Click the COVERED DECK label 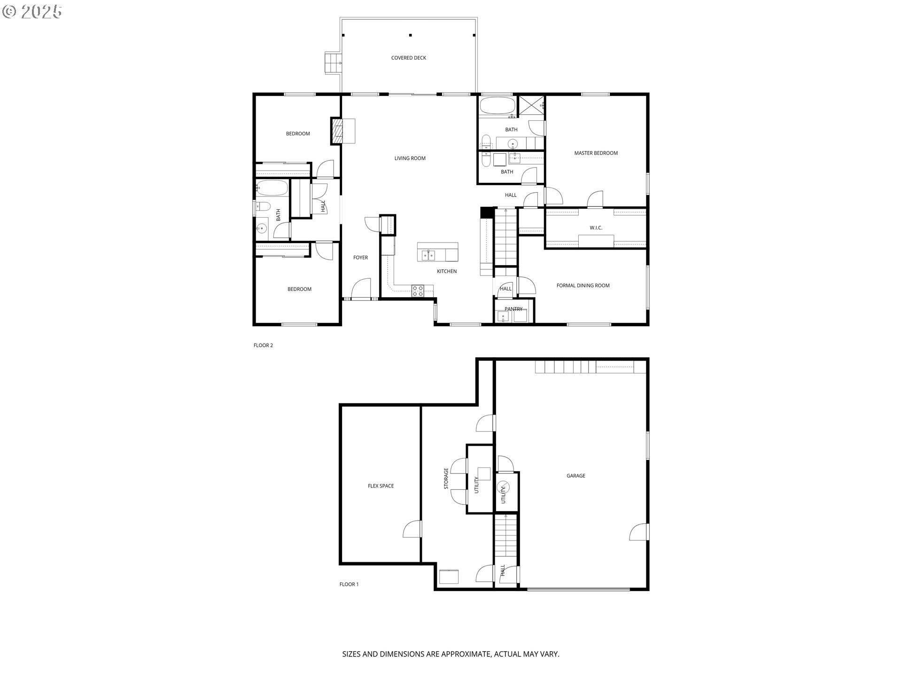(x=409, y=58)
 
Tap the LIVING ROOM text (x=410, y=158)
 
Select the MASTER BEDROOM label (x=596, y=153)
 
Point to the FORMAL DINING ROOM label (x=583, y=285)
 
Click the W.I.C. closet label (x=596, y=228)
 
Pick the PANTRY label (x=513, y=309)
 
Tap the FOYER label (x=360, y=258)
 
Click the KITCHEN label (x=447, y=271)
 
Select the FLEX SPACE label (x=381, y=486)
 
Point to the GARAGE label (x=575, y=476)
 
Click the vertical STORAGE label (x=446, y=478)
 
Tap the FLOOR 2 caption (x=263, y=346)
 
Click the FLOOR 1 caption (x=349, y=584)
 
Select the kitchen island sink (x=428, y=255)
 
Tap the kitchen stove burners (x=418, y=291)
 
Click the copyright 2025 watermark (x=32, y=12)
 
